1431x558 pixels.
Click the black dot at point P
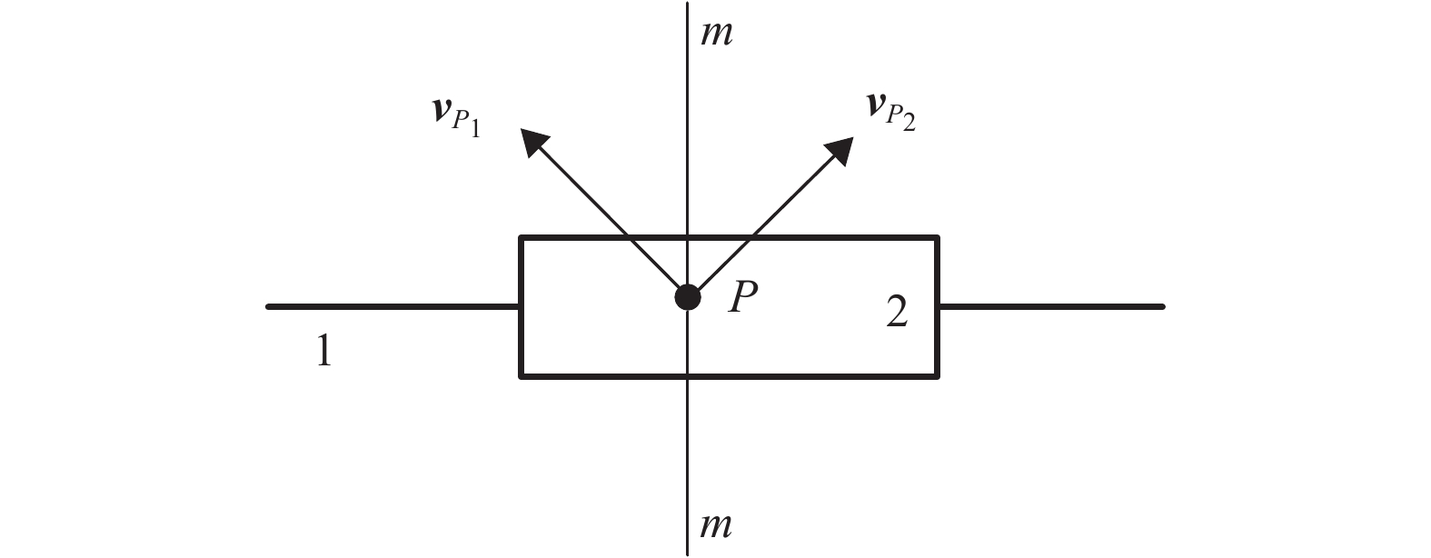click(688, 297)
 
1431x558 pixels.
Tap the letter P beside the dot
click(742, 297)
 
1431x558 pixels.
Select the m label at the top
click(716, 34)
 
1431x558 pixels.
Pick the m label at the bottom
click(716, 524)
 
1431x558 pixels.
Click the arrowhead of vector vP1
click(532, 140)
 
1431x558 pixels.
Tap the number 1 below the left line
click(323, 351)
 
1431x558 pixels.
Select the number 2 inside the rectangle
click(896, 314)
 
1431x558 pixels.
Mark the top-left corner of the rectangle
click(521, 238)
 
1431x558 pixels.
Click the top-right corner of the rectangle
click(937, 238)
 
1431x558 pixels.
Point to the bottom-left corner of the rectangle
click(521, 374)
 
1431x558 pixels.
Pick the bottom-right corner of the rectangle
click(937, 374)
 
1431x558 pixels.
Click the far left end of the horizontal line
click(268, 307)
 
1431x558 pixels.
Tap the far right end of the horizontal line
click(1162, 307)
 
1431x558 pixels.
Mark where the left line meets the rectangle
click(521, 307)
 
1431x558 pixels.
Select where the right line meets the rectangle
click(938, 307)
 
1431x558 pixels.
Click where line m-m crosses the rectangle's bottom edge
click(688, 374)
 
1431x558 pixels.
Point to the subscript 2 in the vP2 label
click(907, 123)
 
